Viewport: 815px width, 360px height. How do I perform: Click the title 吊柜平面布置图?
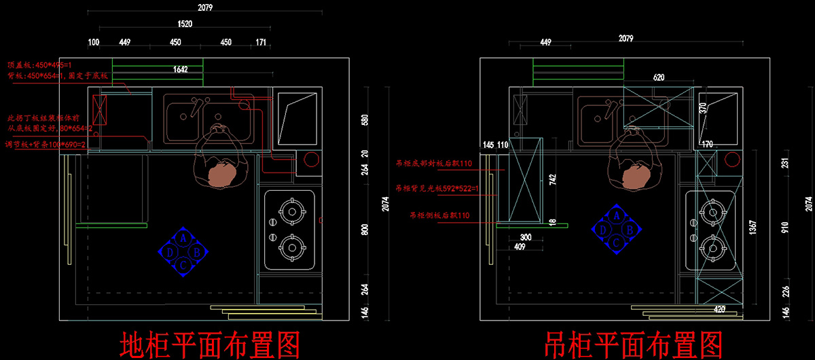coord(632,344)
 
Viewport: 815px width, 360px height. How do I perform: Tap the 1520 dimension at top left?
coord(185,23)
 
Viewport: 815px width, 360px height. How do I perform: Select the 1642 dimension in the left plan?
coord(180,69)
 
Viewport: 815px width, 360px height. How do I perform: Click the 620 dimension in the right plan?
coord(658,77)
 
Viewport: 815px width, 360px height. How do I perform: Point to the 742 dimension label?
coord(552,179)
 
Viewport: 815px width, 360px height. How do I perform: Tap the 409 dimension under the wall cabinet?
coord(520,247)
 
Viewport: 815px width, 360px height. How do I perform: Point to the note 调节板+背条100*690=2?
coord(43,145)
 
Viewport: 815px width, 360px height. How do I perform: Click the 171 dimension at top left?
coord(261,42)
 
